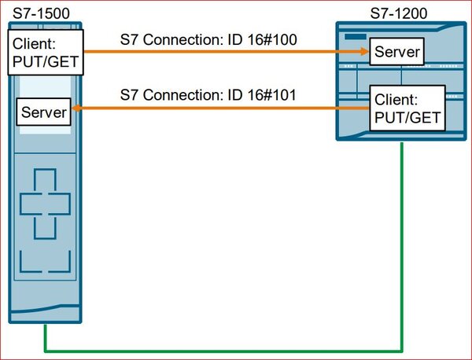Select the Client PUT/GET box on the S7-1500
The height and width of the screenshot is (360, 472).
point(44,53)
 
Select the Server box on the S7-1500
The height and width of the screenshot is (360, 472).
point(44,112)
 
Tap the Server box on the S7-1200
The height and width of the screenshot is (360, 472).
point(397,53)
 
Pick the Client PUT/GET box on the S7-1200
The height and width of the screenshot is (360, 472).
point(403,110)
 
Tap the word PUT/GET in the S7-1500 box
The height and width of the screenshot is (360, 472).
point(45,62)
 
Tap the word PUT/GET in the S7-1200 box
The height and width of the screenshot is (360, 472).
point(404,119)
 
